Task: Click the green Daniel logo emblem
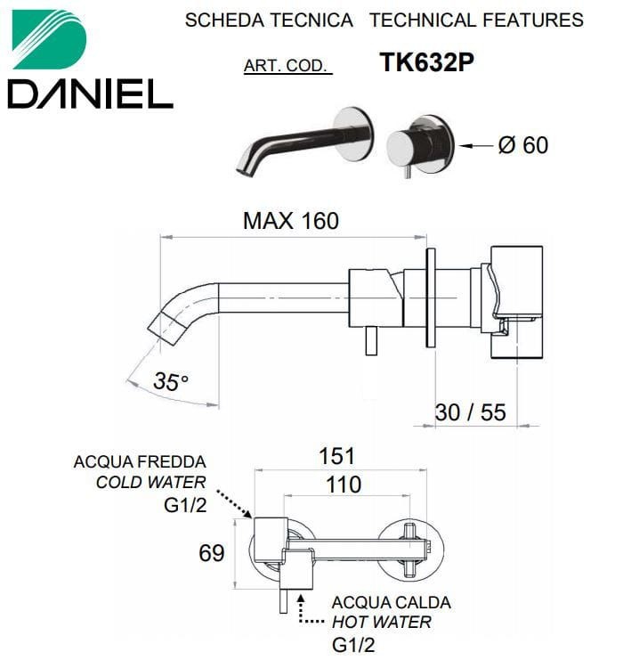[49, 39]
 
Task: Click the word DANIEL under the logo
[91, 94]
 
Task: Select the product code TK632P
[426, 62]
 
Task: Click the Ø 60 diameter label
[523, 145]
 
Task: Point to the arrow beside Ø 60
[476, 146]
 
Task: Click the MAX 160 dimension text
[291, 221]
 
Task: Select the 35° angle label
[170, 381]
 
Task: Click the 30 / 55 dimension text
[470, 412]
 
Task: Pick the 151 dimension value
[337, 456]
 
